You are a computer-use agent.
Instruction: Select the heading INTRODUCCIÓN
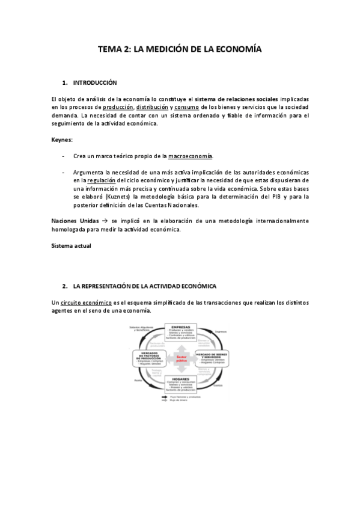(95, 82)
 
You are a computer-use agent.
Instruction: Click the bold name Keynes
(62, 140)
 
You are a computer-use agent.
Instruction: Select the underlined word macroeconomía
(191, 156)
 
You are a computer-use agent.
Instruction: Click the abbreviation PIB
(267, 196)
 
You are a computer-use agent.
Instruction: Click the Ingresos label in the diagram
(221, 330)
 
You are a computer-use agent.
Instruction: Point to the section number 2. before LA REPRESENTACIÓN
(64, 286)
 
